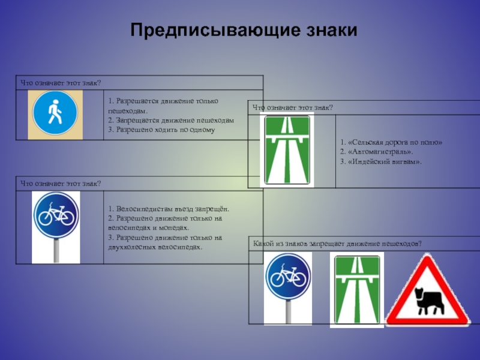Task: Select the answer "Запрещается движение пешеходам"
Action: pyautogui.click(x=171, y=120)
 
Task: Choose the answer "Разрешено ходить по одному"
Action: pyautogui.click(x=161, y=129)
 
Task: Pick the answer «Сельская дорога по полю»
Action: pyautogui.click(x=391, y=142)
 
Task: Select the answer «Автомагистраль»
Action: pyautogui.click(x=373, y=152)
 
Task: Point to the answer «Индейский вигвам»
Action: pyautogui.click(x=380, y=161)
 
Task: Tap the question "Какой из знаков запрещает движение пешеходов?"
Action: pyautogui.click(x=338, y=243)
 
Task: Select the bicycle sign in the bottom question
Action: pyautogui.click(x=288, y=277)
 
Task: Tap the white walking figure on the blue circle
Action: pyautogui.click(x=55, y=112)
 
